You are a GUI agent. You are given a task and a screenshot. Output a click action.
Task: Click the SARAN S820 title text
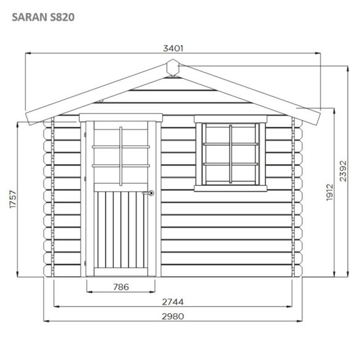43,17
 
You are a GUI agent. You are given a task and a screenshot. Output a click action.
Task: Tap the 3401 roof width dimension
173,48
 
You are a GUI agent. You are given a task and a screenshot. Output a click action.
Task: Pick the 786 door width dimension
121,287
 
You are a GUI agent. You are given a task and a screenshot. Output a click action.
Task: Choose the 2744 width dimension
174,302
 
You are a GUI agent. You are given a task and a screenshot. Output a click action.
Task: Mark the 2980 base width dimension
174,316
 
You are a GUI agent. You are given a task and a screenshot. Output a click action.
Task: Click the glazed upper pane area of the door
121,156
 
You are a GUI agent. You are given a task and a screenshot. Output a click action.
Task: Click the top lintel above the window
230,119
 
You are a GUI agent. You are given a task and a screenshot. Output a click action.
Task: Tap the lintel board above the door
121,116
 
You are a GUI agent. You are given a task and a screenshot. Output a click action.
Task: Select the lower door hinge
84,262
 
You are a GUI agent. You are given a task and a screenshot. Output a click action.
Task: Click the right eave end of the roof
320,118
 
